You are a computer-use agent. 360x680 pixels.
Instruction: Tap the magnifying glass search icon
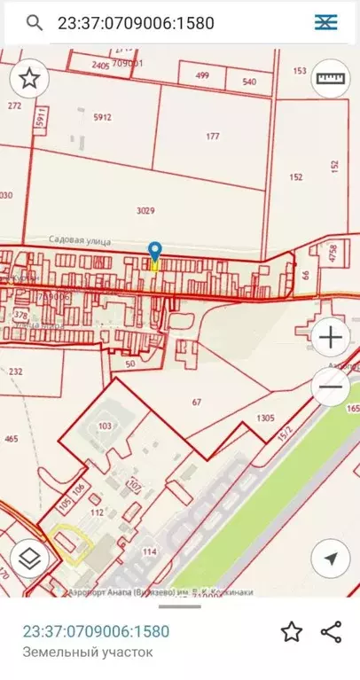tap(35, 22)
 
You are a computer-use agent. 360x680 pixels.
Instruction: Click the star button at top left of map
tap(29, 79)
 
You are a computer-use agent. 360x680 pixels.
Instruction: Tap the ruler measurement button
tap(331, 79)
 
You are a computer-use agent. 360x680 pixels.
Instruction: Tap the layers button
tap(29, 559)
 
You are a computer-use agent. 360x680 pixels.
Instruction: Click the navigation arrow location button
tap(331, 559)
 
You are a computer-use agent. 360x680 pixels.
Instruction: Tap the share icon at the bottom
tap(331, 631)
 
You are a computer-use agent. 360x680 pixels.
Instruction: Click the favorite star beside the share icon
tap(291, 631)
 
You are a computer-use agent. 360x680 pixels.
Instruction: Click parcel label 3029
tap(145, 211)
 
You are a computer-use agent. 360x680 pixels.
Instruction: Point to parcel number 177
tap(212, 137)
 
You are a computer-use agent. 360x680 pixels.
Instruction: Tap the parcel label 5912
tap(102, 117)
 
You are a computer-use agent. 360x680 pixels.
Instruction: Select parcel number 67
tap(197, 402)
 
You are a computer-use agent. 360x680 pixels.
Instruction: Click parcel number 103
tap(106, 426)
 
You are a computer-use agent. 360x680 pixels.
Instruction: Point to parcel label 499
tap(202, 75)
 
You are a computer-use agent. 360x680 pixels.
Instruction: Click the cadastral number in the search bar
tap(137, 23)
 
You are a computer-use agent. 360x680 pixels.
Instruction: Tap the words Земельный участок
tap(88, 653)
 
